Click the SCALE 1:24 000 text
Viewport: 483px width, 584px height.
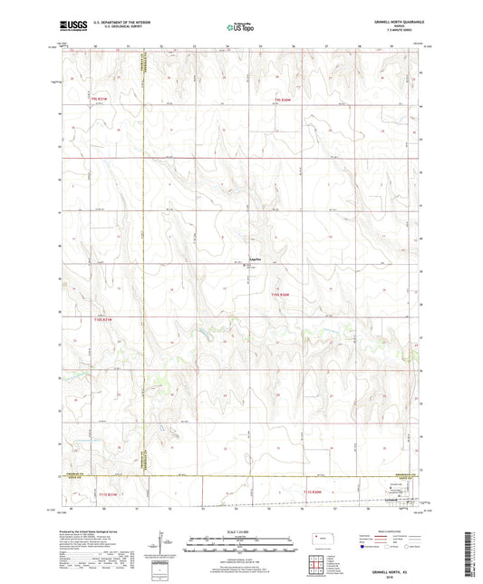240,531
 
